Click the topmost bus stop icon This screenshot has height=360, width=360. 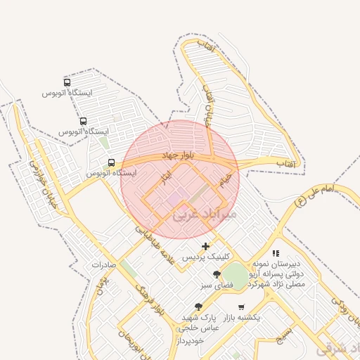click(67, 82)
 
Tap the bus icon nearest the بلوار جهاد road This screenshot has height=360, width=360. click(112, 162)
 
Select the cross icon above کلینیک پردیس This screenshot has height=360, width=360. click(205, 246)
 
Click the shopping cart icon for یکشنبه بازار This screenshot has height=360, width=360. click(242, 307)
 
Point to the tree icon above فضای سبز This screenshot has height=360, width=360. click(217, 275)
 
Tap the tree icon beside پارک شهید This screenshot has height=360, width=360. click(198, 307)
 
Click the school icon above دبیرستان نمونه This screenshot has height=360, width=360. click(276, 253)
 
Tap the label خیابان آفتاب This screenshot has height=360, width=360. click(208, 105)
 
